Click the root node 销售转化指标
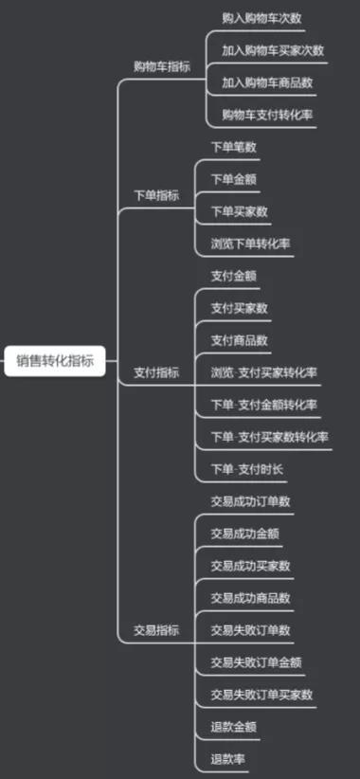tap(54, 360)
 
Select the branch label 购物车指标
tap(162, 66)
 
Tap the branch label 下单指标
tap(156, 195)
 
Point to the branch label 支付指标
tap(156, 372)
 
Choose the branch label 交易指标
tap(156, 629)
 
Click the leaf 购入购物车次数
tap(262, 18)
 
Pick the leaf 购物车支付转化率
tap(268, 115)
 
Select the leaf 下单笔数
tap(234, 147)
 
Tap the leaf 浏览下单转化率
tap(251, 244)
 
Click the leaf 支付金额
tap(234, 276)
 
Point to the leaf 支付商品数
tap(240, 340)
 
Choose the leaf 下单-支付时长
tap(247, 469)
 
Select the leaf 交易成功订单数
tap(251, 501)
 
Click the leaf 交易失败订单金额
tap(257, 661)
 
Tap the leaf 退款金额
tap(234, 727)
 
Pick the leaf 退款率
tap(228, 759)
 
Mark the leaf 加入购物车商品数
tap(268, 82)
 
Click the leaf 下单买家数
tap(240, 211)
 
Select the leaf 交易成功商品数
tap(251, 598)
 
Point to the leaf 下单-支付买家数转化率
tap(270, 437)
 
